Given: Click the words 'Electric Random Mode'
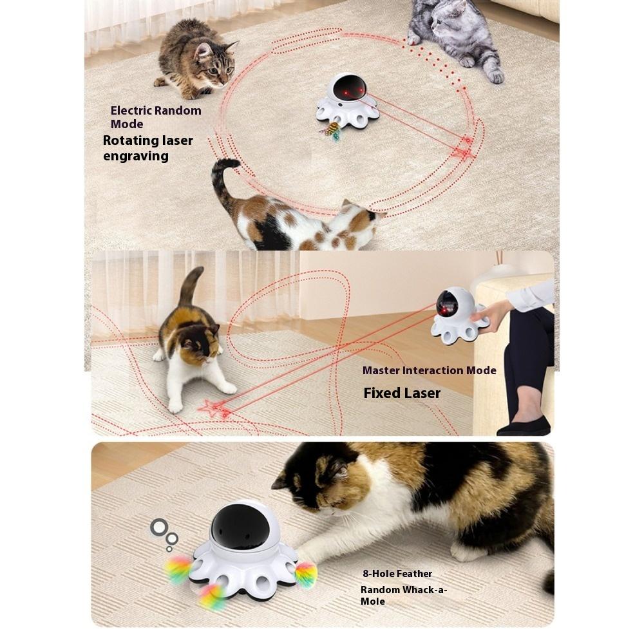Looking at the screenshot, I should click(x=155, y=117).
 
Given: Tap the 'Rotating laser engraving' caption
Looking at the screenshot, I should click(x=147, y=148).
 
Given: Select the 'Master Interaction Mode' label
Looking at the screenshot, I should click(x=429, y=370).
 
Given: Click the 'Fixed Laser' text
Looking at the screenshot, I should click(x=402, y=393).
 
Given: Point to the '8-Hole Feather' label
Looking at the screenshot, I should click(x=396, y=573).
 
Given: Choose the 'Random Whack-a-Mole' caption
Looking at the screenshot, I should click(x=403, y=595).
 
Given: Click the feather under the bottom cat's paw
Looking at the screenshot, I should click(x=305, y=573).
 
